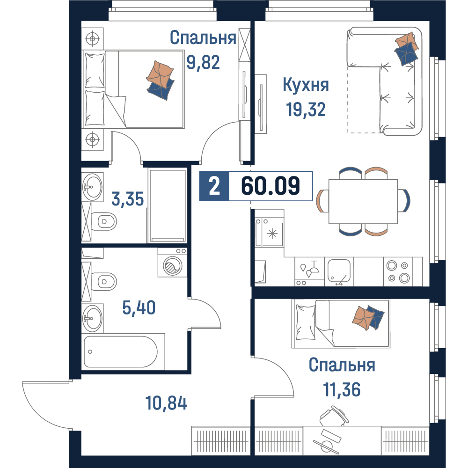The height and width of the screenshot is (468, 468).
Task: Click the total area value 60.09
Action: coord(271,186)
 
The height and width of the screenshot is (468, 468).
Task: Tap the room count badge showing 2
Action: coord(214,186)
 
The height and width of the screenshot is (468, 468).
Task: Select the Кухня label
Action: coord(306,85)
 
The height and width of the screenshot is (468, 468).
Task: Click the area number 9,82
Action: coord(203,62)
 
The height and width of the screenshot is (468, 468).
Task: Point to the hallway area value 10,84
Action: coord(166,402)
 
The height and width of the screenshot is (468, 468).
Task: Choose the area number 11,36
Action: coord(342,389)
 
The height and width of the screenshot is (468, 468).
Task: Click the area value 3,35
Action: coord(128,199)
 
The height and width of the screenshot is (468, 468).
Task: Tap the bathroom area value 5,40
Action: coord(139,308)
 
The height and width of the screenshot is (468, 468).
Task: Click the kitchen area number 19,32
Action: coord(306,109)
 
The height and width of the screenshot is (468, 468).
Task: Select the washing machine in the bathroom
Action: coord(173,263)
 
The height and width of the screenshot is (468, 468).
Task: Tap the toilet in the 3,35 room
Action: coord(103,221)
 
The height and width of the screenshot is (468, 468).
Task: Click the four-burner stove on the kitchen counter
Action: coord(398,271)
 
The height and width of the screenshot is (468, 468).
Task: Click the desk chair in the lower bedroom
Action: coord(334,416)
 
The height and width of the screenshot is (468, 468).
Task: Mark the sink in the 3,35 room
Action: coord(92,187)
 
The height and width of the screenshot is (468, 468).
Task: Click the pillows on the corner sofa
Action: coord(406,48)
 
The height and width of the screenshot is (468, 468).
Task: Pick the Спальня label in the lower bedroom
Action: coord(342,365)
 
